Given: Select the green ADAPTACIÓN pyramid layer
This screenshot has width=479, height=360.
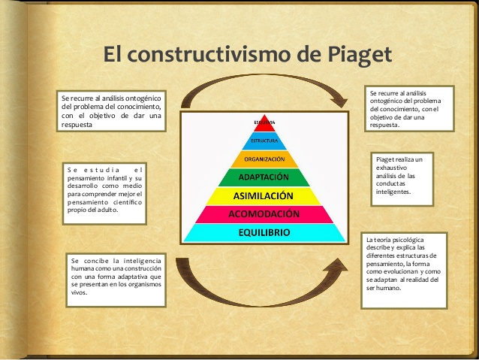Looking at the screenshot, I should [264, 177].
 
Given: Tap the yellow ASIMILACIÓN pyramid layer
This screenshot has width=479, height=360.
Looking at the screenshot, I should [264, 195].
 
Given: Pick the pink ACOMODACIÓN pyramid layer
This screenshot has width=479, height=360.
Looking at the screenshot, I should [264, 214].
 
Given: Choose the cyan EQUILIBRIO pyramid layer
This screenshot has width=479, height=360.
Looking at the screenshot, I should [264, 233].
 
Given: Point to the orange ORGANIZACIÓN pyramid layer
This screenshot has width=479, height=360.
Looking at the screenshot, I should [264, 159].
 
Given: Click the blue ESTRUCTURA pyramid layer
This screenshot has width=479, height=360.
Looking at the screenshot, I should [264, 141].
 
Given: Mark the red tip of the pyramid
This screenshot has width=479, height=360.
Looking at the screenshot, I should [264, 123].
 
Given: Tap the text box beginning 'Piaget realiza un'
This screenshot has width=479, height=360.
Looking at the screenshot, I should [402, 180].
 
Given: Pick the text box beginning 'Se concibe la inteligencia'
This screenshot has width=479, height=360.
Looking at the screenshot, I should [116, 279].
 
